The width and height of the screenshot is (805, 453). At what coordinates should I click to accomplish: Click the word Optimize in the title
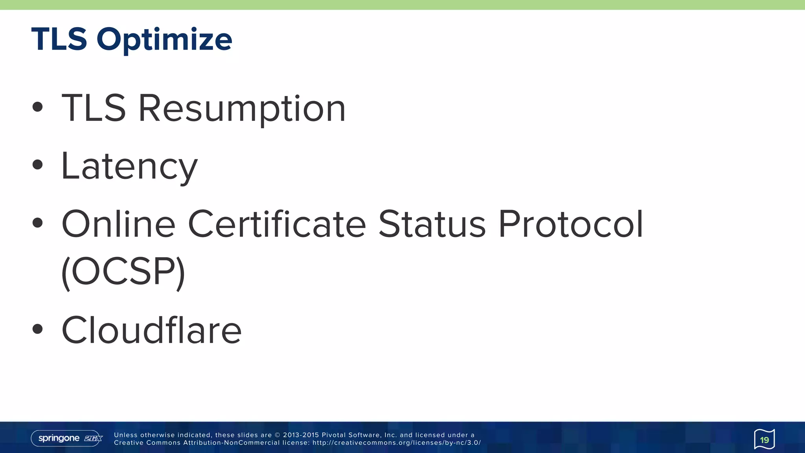[x=164, y=40]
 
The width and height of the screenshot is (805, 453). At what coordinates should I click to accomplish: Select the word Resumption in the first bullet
[x=242, y=108]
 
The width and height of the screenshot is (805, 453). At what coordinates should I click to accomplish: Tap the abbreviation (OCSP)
[x=123, y=272]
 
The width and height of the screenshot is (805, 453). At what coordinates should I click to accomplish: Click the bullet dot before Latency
[x=38, y=165]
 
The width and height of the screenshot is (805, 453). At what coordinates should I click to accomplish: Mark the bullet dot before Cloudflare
[x=38, y=329]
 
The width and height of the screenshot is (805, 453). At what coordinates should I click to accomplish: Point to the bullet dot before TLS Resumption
[x=38, y=107]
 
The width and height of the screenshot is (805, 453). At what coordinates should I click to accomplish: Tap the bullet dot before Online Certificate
[x=38, y=223]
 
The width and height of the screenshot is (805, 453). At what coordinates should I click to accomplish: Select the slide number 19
[x=764, y=440]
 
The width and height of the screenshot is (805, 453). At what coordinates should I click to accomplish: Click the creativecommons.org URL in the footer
[x=397, y=443]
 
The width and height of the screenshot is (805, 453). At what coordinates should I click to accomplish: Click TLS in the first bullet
[x=94, y=108]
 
